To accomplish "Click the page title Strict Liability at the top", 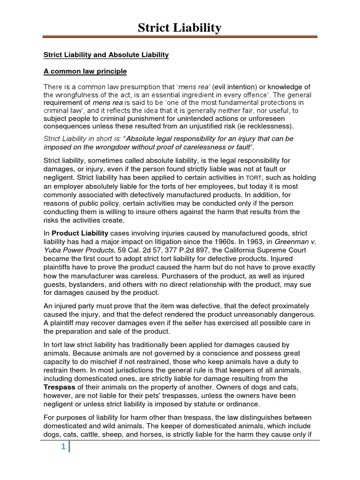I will pyautogui.click(x=180, y=28).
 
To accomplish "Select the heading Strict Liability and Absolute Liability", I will pyautogui.click(x=106, y=55).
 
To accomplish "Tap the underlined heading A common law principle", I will pyautogui.click(x=85, y=72).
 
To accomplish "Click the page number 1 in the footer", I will pyautogui.click(x=63, y=447).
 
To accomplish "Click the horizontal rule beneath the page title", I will pyautogui.click(x=180, y=37).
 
